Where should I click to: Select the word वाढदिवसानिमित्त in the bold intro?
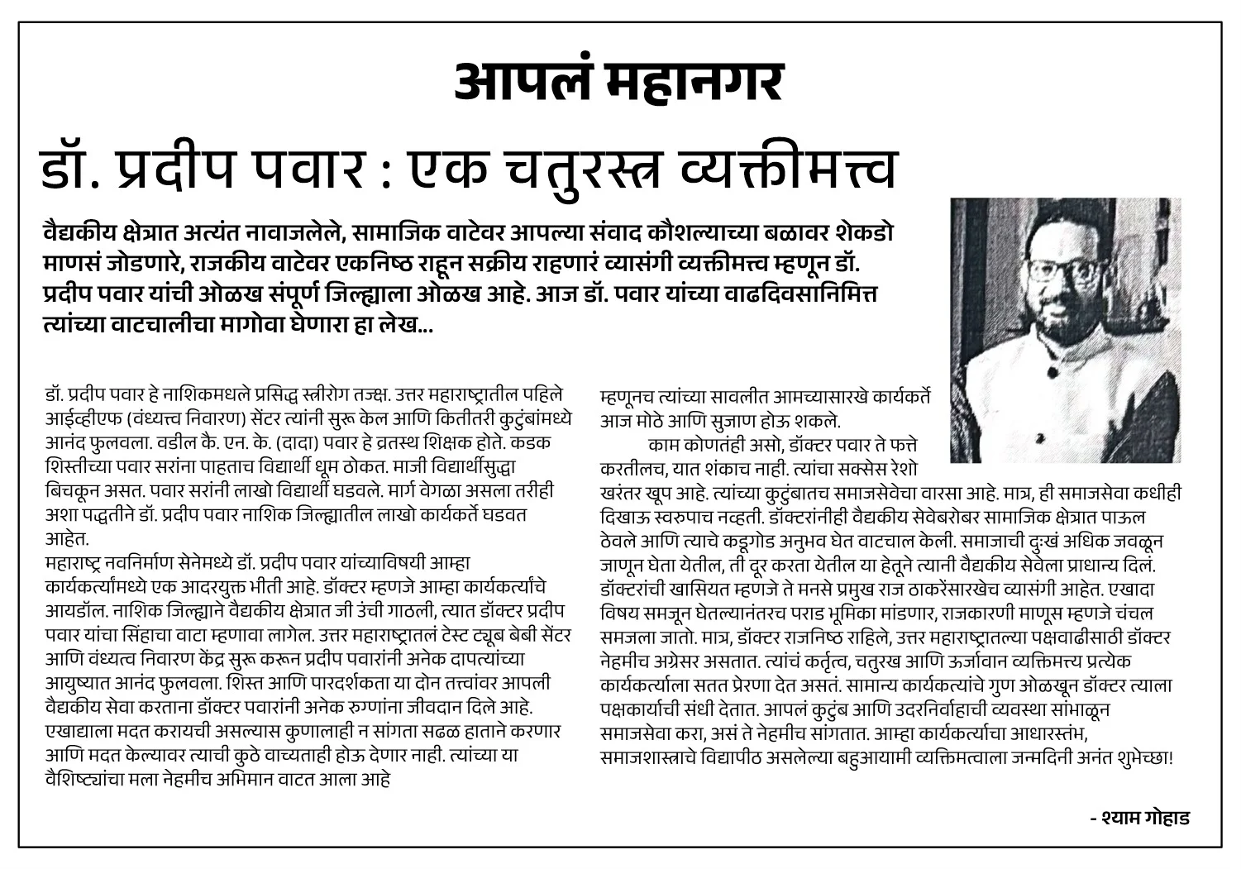coord(803,294)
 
